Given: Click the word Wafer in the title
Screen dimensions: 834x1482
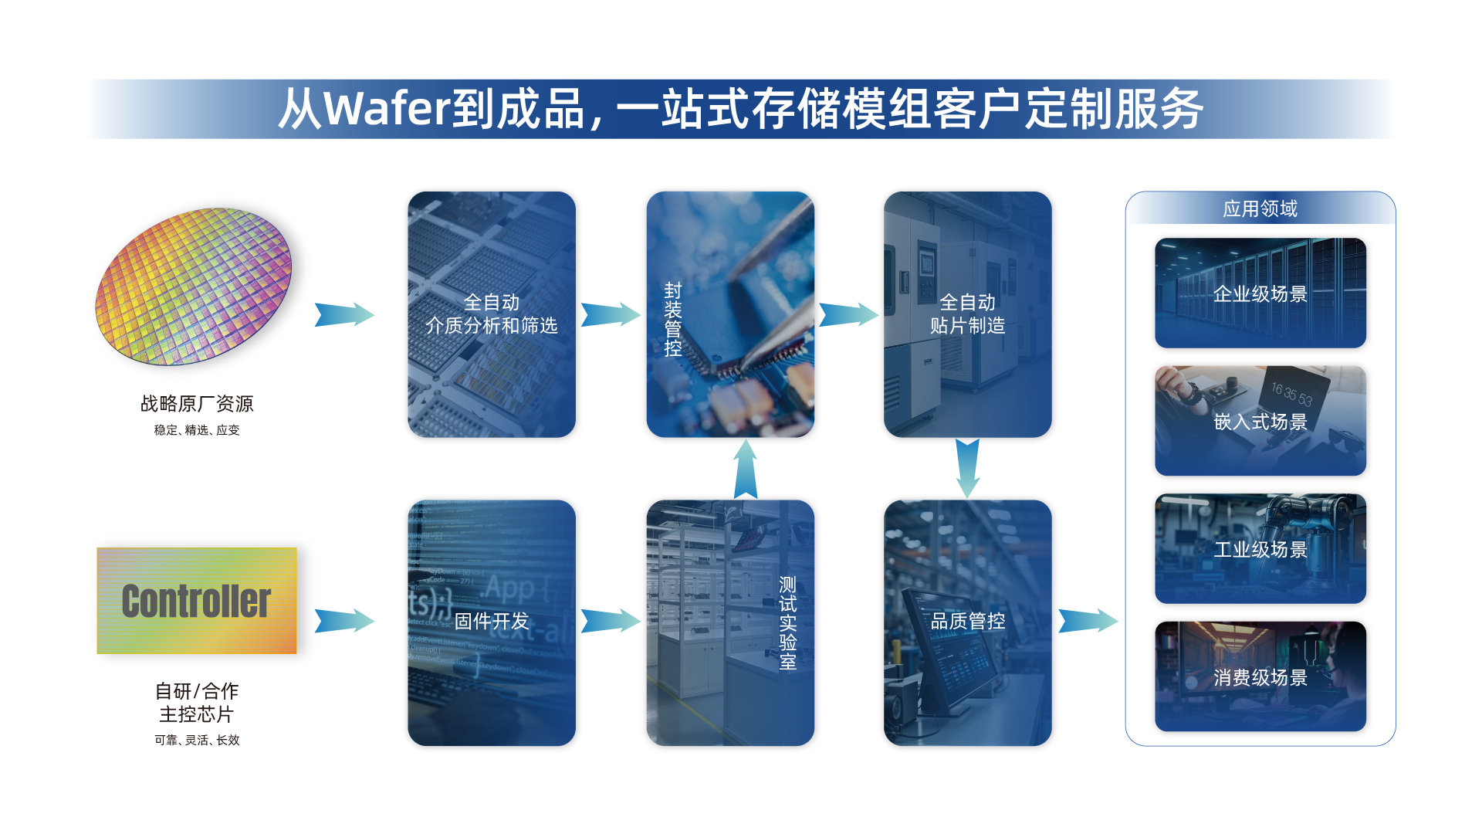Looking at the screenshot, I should coord(386,109).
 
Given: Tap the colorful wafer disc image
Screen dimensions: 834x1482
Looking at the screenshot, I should coord(193,286).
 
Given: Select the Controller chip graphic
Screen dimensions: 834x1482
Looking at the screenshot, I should coord(197,601).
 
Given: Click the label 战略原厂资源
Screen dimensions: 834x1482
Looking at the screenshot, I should coord(197,404).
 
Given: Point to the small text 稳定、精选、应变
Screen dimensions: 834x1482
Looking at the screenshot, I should coord(197,430).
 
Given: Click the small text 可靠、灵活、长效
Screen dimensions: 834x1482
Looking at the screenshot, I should coord(197,740).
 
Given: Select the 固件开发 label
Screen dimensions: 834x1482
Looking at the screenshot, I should coord(492,622).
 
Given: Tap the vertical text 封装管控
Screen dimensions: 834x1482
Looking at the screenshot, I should coord(673,319).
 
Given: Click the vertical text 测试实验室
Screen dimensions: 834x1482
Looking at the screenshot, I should coord(787,622).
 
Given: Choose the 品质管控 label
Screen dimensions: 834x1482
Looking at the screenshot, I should coord(968,622).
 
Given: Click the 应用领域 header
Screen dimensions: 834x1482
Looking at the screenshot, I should coord(1260,209).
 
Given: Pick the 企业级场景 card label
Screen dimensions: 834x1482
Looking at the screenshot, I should coord(1260,294).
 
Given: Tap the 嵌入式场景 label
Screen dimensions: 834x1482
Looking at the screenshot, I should coord(1260,422).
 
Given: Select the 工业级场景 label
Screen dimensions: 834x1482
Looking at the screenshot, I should coord(1260,550).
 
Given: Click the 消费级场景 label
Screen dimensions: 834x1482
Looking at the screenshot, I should coord(1260,678).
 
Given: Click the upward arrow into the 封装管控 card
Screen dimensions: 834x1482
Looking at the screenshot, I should coord(745,470).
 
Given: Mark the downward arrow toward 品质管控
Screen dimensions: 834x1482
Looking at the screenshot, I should coord(967,468).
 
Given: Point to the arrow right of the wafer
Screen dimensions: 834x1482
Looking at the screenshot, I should coord(344,314).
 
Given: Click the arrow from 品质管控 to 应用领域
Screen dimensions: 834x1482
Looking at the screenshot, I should coord(1088,620).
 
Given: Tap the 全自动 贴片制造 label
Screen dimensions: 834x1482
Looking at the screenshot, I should coord(968,314).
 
